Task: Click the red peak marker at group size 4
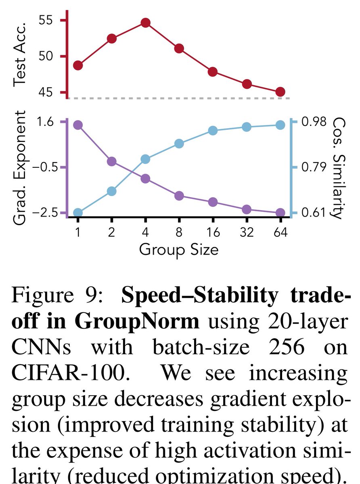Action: coord(145,23)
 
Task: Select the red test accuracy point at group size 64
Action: coord(280,92)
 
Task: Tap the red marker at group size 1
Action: coord(78,65)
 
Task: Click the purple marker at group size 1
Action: coord(78,125)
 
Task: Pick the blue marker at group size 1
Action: coord(78,213)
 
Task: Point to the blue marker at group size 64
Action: coord(280,125)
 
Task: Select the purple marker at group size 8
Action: coord(179,196)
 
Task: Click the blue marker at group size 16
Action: coord(213,131)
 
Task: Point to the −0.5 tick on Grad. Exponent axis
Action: coord(45,167)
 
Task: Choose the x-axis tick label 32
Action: coord(247,233)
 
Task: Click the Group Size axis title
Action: coord(179,250)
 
